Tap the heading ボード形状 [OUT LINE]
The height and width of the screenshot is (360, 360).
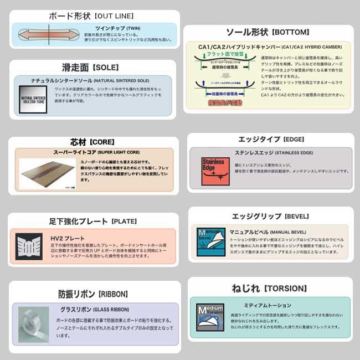pyautogui.click(x=91, y=16)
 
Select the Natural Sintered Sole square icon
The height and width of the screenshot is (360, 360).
pyautogui.click(x=32, y=99)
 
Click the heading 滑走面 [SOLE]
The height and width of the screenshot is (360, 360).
pyautogui.click(x=90, y=68)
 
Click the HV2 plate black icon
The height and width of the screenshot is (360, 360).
pyautogui.click(x=29, y=246)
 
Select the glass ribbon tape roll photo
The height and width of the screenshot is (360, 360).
pyautogui.click(x=34, y=324)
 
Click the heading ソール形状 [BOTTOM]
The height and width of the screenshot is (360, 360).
pyautogui.click(x=268, y=32)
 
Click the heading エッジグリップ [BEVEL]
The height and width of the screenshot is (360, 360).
pyautogui.click(x=270, y=215)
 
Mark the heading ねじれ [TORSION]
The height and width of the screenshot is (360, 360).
pyautogui.click(x=269, y=288)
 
